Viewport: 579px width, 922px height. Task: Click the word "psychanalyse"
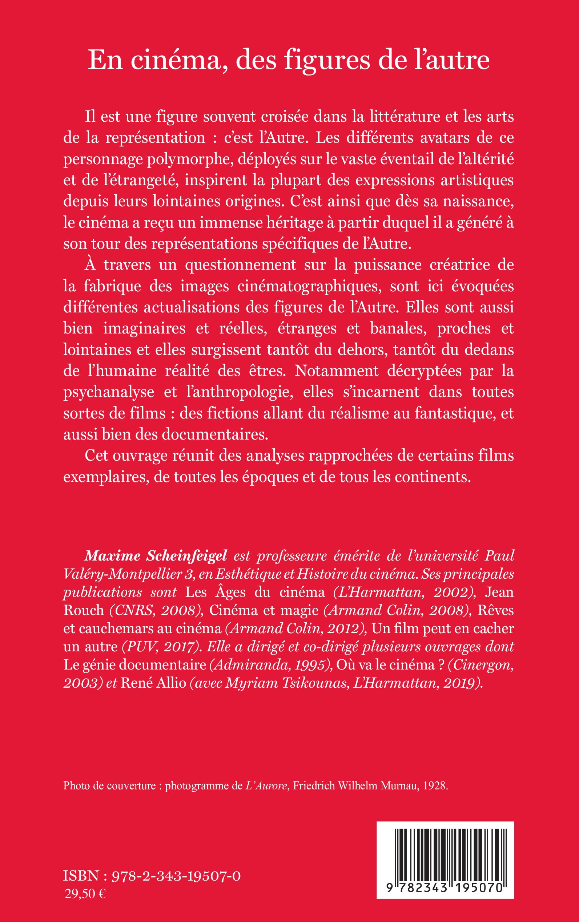pyautogui.click(x=109, y=392)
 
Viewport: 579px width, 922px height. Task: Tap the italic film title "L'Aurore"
pyautogui.click(x=266, y=786)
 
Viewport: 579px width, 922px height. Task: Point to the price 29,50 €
pyautogui.click(x=85, y=893)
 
